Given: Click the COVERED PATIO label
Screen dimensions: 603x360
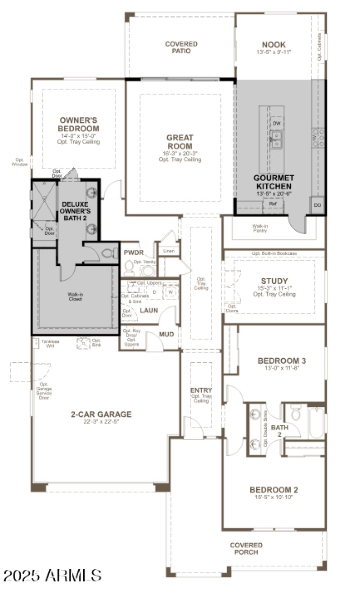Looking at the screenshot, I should pos(181,47).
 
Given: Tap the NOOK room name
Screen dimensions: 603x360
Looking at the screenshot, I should pos(274,45).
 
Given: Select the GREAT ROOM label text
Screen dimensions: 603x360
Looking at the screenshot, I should pos(180,142).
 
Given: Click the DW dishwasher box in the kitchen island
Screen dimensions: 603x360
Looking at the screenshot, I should pos(277,123).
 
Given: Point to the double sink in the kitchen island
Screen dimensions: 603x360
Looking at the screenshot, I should pos(276,139).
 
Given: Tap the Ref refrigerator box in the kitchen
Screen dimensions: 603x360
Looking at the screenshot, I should pos(272,204).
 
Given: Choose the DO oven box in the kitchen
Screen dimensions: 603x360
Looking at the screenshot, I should pos(318,205).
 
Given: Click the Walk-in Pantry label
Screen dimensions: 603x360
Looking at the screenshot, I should pos(260,228).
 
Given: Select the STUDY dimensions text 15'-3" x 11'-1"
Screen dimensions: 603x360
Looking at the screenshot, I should pos(274,288).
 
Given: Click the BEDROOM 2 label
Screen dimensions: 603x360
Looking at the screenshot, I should pos(274,490).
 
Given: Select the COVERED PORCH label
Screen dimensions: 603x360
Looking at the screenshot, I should pos(246,549).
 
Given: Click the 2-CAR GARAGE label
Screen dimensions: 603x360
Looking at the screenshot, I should pos(101,414).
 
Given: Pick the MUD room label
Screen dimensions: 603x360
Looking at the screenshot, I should pos(166,335).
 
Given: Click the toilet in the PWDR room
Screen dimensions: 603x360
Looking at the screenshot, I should pos(129,268).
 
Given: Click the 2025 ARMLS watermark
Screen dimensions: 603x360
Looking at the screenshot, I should pos(52,575).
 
